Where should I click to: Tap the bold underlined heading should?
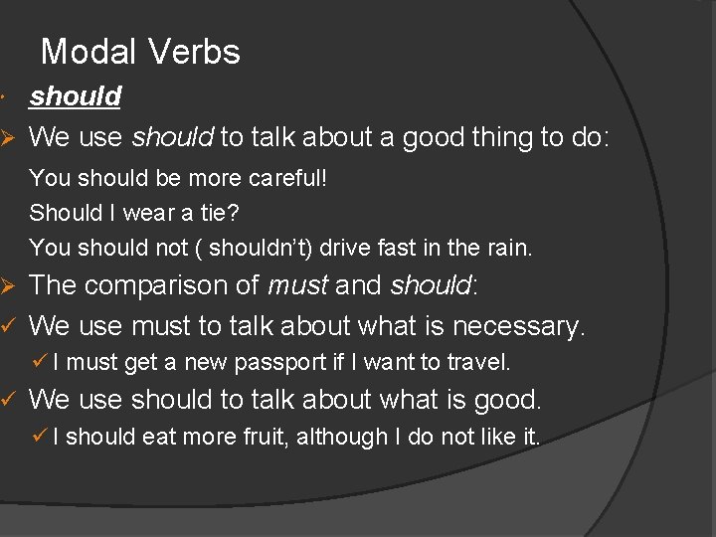click(76, 96)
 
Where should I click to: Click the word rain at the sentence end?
click(510, 247)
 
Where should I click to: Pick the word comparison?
click(166, 286)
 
